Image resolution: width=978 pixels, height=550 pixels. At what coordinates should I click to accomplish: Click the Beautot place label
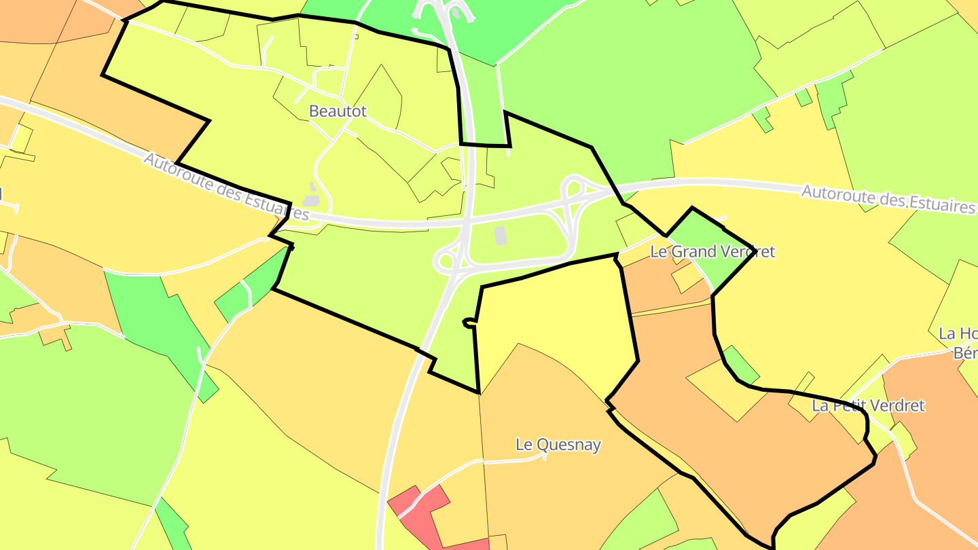tap(338, 111)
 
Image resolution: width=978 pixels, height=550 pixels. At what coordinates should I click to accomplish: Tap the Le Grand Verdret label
tap(712, 252)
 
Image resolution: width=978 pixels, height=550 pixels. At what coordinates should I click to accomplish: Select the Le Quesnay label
tap(558, 445)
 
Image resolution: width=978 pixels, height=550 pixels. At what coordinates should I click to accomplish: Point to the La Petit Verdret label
tap(868, 406)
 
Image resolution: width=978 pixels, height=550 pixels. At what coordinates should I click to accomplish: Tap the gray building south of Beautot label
tap(311, 200)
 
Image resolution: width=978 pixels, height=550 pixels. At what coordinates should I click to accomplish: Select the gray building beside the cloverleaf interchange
tap(501, 236)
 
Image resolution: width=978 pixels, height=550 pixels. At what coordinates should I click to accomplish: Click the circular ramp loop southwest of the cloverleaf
tap(446, 260)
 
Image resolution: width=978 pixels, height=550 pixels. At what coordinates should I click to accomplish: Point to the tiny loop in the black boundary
tap(468, 323)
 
